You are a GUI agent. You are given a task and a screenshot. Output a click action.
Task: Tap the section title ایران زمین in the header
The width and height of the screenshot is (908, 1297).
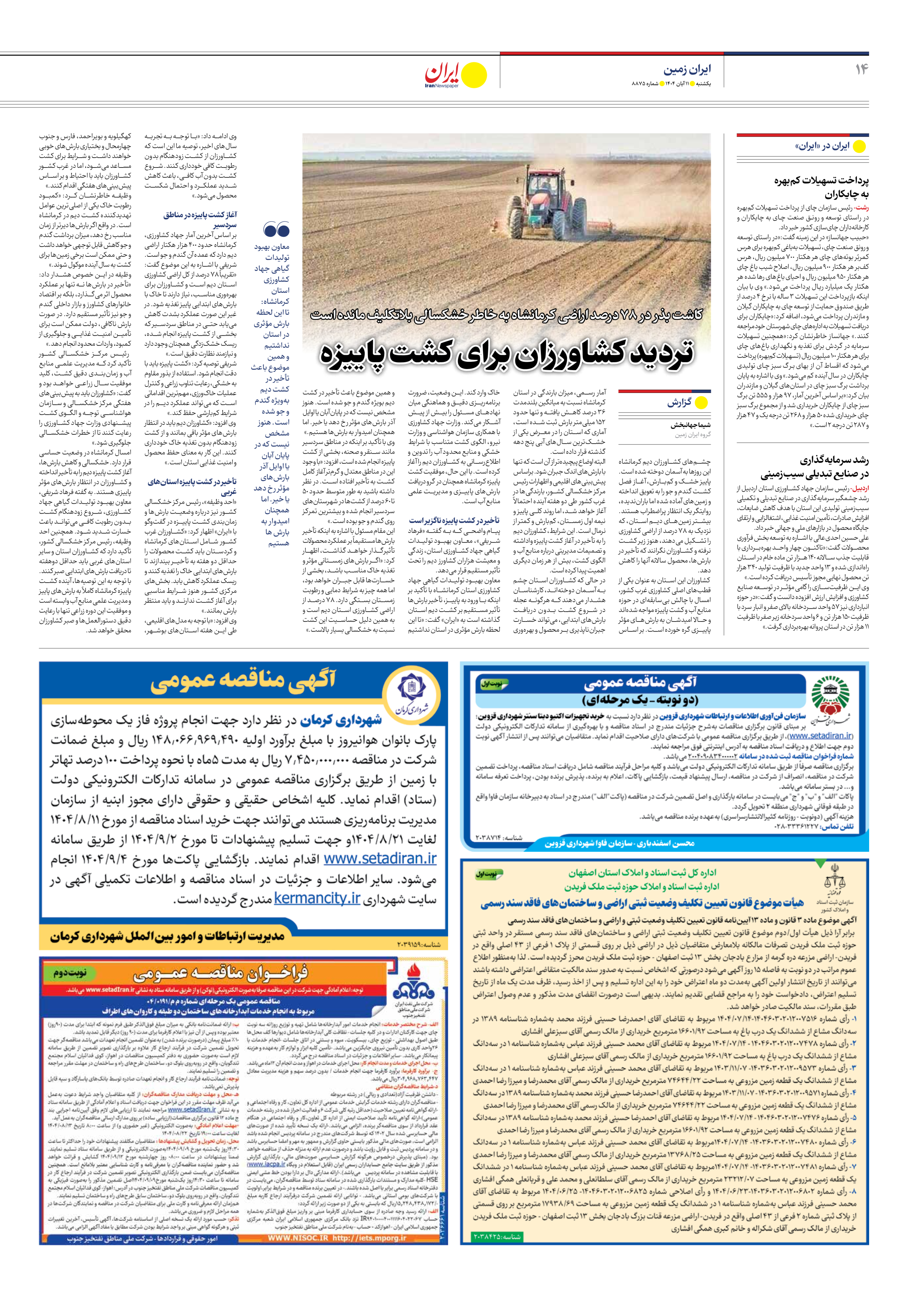pos(687,69)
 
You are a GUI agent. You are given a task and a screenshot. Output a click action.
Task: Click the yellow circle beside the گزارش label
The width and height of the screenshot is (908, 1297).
pos(701,403)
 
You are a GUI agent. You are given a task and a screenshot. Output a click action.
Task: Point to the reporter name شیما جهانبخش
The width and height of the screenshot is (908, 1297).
pos(690,425)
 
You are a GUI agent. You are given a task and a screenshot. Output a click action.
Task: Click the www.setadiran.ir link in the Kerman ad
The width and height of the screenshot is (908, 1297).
pos(380,859)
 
